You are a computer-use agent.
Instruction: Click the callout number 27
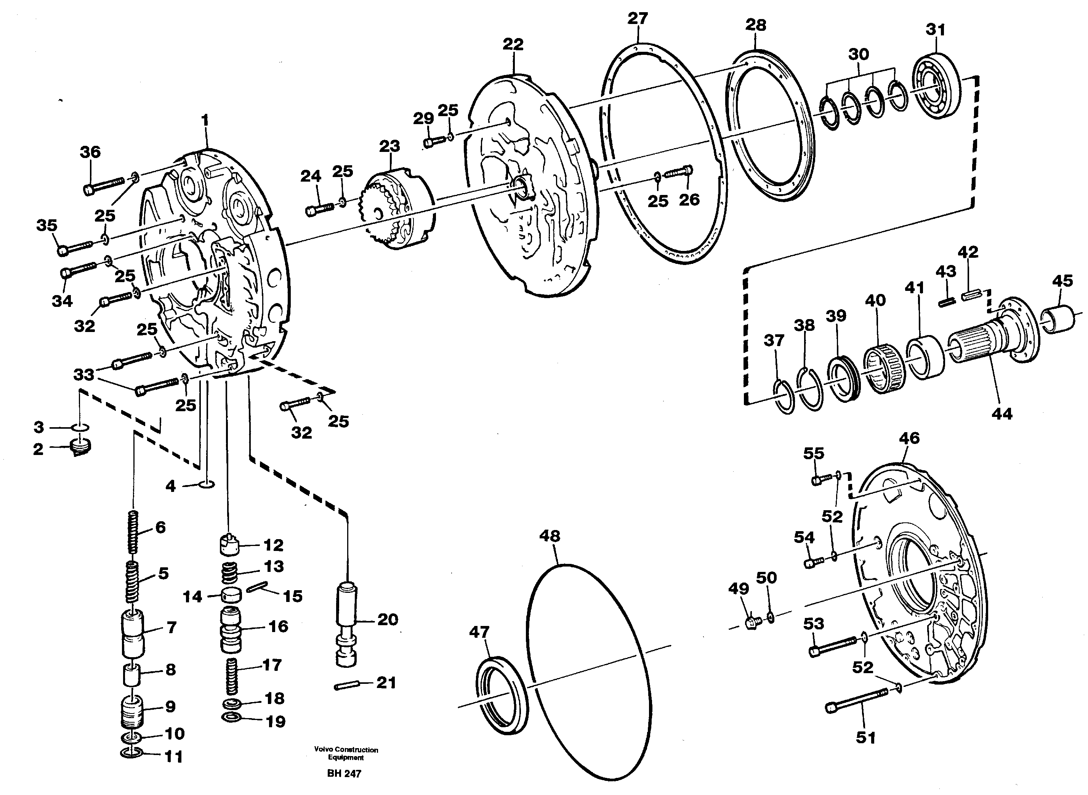[x=637, y=19]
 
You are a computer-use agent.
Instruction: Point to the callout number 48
[x=550, y=536]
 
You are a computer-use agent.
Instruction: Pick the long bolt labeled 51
[x=858, y=700]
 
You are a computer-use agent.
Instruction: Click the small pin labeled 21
[x=347, y=685]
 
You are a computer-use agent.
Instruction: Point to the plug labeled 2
[x=80, y=448]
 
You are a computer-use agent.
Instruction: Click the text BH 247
[x=344, y=773]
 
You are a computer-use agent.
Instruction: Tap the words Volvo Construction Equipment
[x=346, y=753]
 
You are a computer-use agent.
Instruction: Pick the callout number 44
[x=1002, y=413]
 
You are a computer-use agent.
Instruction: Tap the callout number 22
[x=513, y=44]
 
